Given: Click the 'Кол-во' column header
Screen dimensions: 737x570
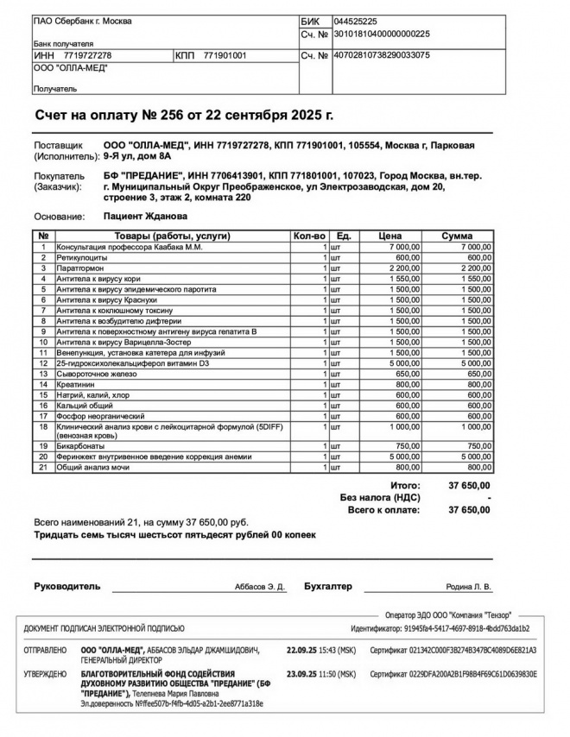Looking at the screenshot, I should [x=309, y=236].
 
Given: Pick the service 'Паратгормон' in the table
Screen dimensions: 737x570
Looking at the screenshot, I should [x=81, y=268].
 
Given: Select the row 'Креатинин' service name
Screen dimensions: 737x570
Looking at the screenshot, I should [x=77, y=383].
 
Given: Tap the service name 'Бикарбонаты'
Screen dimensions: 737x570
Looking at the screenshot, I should [x=80, y=446].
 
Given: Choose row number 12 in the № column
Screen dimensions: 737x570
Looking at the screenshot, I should [x=42, y=362].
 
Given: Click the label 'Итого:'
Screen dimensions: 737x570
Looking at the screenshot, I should [x=404, y=486].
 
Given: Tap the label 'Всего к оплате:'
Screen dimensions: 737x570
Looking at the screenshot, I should [x=383, y=510].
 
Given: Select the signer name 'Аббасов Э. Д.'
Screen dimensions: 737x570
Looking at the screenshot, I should [x=260, y=587].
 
